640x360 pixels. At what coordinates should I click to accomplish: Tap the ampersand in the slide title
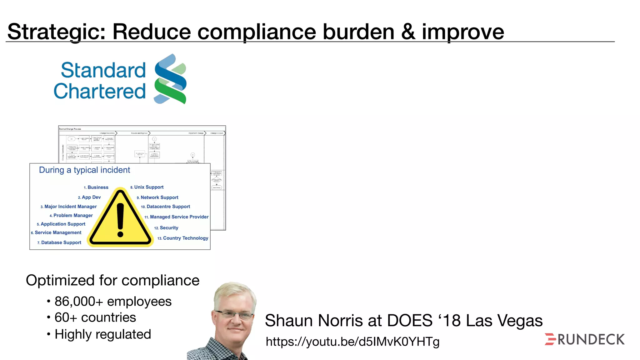408,32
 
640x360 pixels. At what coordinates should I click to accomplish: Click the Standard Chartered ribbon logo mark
170,79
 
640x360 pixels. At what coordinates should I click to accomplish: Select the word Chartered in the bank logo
100,91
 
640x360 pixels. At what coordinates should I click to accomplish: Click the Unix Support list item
148,187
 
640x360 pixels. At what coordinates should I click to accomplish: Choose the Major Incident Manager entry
70,207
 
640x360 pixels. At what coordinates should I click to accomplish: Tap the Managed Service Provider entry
179,217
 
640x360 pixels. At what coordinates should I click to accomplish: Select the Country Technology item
185,238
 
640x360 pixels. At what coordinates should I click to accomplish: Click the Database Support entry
61,242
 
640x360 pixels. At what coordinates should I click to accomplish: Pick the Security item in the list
169,228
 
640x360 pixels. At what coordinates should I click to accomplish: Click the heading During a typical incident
84,170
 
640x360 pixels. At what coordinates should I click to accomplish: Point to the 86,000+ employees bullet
113,302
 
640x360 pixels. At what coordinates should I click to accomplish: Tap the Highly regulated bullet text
102,334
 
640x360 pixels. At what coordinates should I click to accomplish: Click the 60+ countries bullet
95,317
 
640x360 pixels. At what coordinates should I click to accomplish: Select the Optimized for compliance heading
112,280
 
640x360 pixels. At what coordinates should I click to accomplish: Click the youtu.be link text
352,342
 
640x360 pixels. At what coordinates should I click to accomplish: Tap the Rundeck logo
584,339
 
